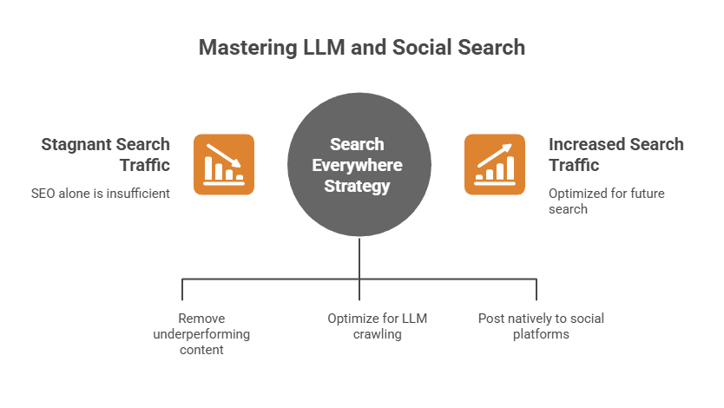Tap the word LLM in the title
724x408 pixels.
coord(324,46)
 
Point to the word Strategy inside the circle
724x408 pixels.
coord(359,186)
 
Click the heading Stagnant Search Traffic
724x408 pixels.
coord(106,154)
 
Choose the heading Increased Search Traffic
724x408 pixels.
coord(615,154)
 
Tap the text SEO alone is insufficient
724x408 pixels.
coord(100,194)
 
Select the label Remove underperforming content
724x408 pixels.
coord(201,333)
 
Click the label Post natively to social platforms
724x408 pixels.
coord(541,326)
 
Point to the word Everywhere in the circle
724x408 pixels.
coord(359,165)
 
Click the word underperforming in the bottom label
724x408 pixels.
coord(201,334)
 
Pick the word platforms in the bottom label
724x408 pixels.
coord(541,334)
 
